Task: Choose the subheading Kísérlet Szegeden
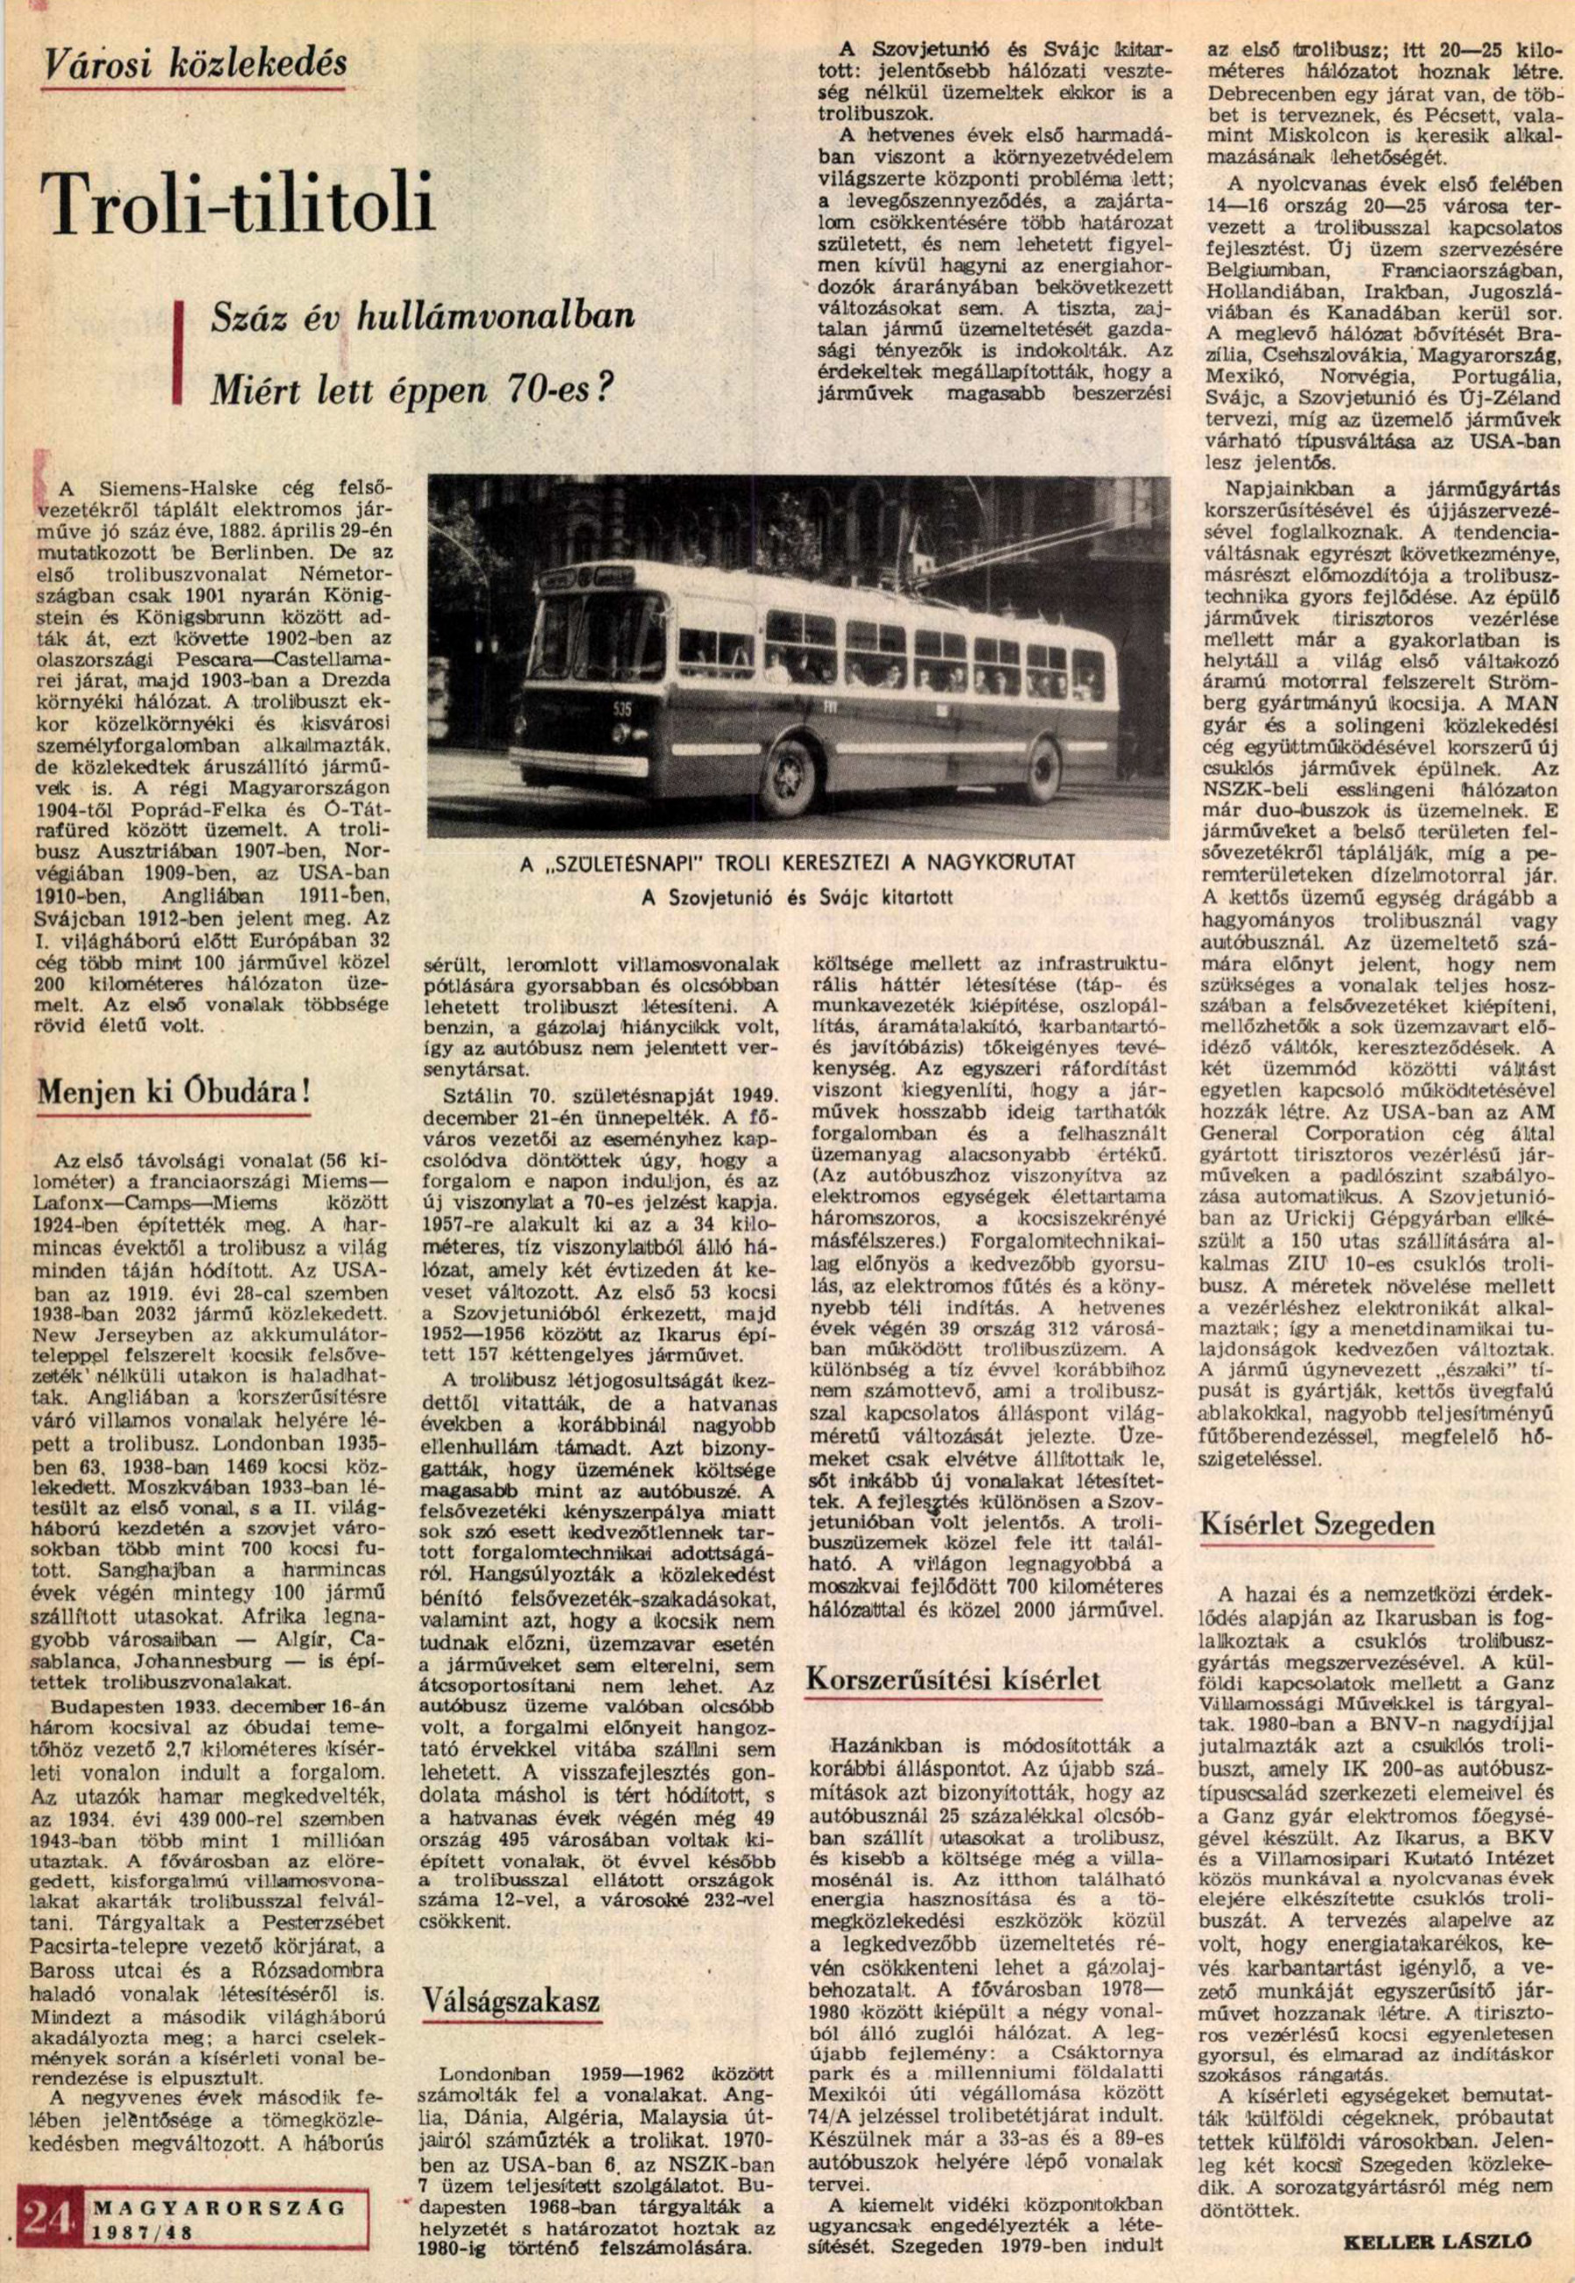point(1317,1522)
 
